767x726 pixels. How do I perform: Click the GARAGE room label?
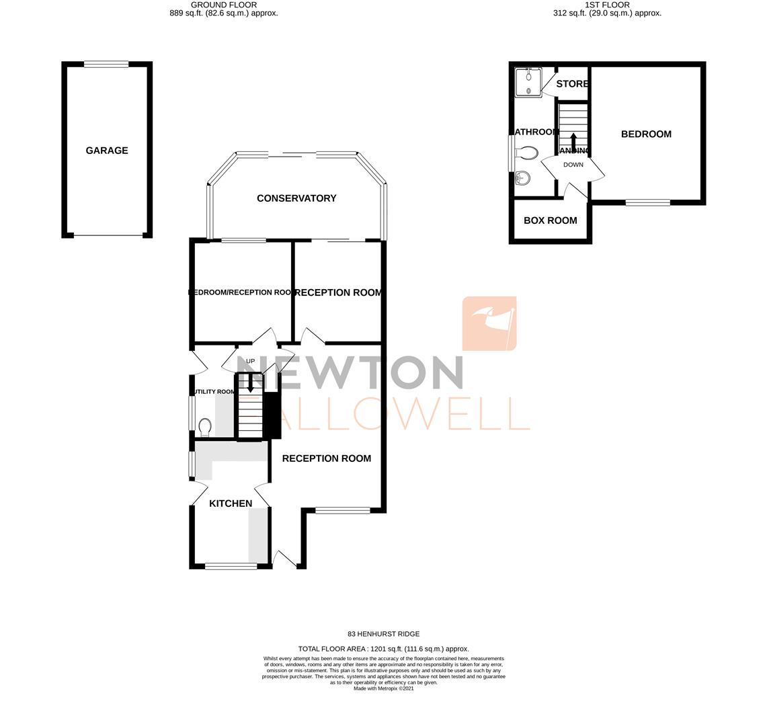coord(107,151)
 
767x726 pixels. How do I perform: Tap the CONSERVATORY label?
coord(296,198)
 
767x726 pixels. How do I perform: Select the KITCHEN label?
coord(231,503)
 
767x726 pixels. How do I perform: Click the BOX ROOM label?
coord(550,220)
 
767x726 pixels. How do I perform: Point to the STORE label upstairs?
coord(572,84)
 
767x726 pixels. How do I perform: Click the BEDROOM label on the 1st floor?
coord(646,134)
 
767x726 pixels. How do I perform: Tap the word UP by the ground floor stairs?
coord(250,361)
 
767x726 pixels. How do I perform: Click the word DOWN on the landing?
coord(573,165)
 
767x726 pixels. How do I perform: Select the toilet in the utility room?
coord(205,427)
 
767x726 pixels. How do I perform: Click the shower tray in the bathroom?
coord(529,82)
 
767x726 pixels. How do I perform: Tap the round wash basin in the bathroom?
coord(523,178)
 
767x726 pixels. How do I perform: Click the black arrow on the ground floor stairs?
coord(251,385)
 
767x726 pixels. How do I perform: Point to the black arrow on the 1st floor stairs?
coord(573,142)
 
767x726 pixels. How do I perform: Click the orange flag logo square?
coord(489,323)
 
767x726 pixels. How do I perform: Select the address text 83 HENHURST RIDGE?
coord(383,634)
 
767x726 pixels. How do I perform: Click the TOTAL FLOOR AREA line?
coord(383,649)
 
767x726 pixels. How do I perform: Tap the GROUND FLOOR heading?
coord(224,5)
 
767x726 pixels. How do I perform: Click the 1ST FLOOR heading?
coord(607,5)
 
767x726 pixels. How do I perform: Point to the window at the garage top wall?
coord(106,65)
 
